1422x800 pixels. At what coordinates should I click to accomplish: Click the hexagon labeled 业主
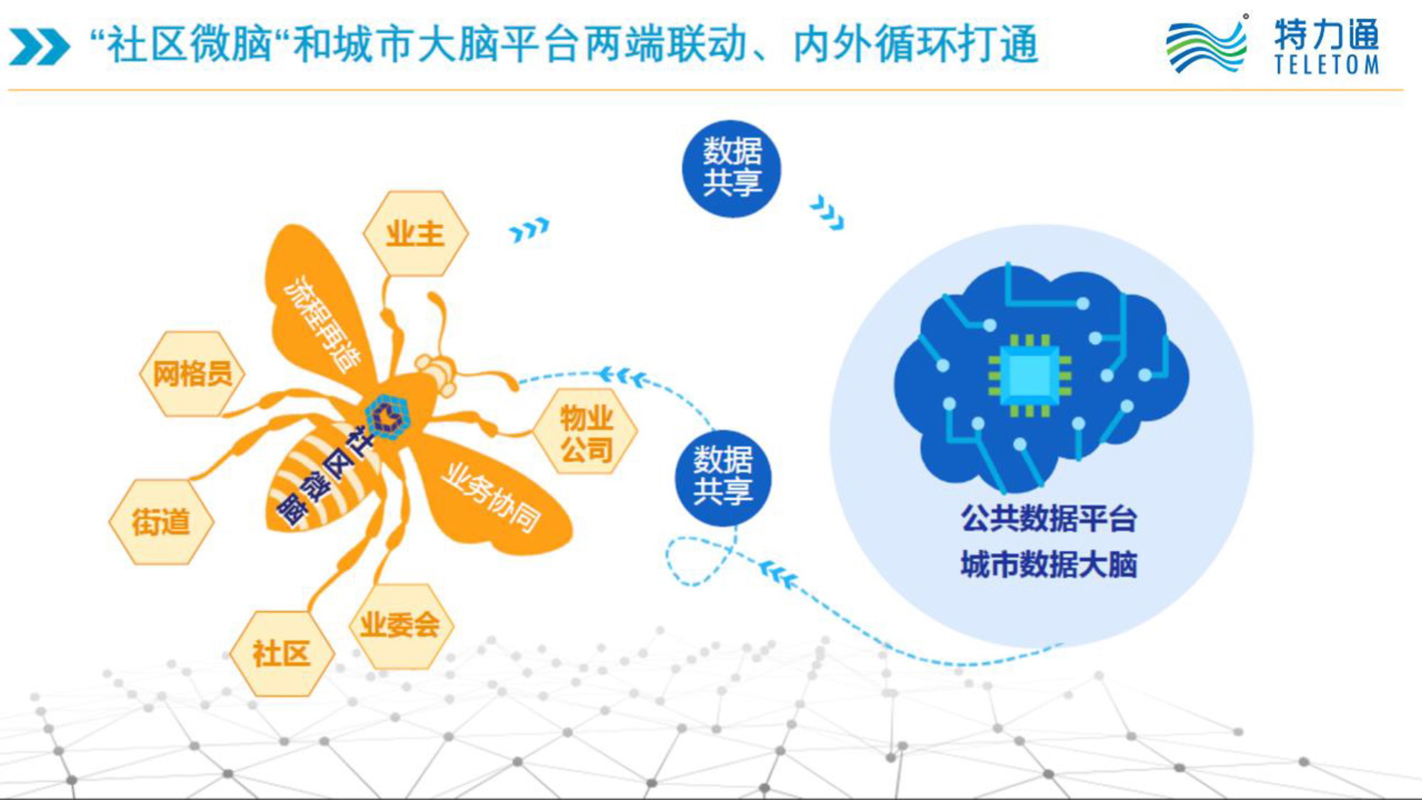coord(415,233)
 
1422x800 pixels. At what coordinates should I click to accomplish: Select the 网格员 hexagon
coord(192,373)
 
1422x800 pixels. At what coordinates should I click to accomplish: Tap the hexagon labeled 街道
coord(161,522)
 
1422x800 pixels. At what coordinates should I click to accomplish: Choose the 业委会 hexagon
coord(400,626)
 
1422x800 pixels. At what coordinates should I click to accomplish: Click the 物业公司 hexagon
coord(585,432)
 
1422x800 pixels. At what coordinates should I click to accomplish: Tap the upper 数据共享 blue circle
coord(731,169)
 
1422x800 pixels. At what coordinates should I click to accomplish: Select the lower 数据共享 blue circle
coord(723,477)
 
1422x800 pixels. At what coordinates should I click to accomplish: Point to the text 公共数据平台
coord(1049,518)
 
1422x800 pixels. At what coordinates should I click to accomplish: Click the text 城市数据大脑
coord(1049,565)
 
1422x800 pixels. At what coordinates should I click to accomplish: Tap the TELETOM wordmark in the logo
coord(1327,65)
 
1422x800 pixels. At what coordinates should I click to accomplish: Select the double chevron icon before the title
coord(40,47)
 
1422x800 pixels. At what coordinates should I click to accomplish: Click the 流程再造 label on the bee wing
coord(321,323)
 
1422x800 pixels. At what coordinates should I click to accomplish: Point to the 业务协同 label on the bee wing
coord(491,498)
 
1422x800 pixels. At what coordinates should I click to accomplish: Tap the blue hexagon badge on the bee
coord(387,417)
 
